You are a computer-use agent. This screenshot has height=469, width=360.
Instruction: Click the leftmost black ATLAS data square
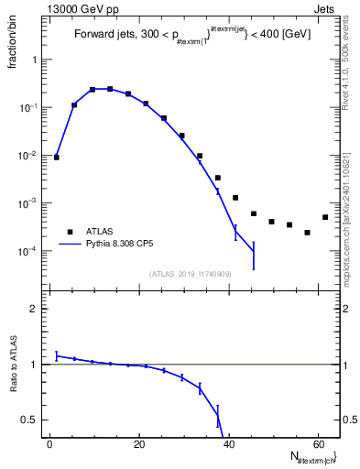[x=57, y=158]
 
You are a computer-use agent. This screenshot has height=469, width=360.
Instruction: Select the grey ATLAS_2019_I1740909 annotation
[x=191, y=273]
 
